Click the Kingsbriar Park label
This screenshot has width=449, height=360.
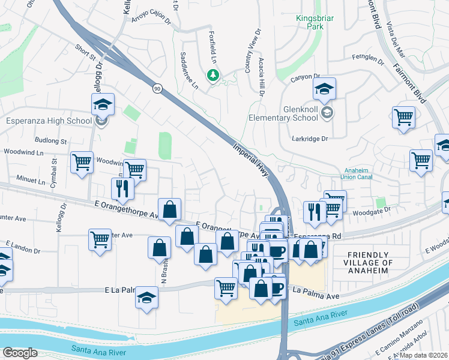click(315, 23)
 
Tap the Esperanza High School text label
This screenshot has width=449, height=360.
click(49, 121)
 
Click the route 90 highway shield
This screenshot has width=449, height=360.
click(157, 89)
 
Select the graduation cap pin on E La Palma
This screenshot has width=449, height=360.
click(146, 298)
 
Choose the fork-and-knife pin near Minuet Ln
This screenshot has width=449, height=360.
click(122, 188)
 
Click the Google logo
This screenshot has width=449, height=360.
click(20, 353)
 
